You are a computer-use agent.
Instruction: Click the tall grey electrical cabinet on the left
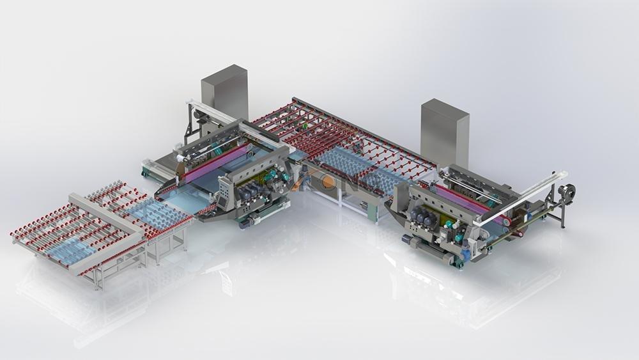tap(224, 92)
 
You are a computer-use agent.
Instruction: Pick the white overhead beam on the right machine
tap(524, 198)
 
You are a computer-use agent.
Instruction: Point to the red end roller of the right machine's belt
tap(507, 221)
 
